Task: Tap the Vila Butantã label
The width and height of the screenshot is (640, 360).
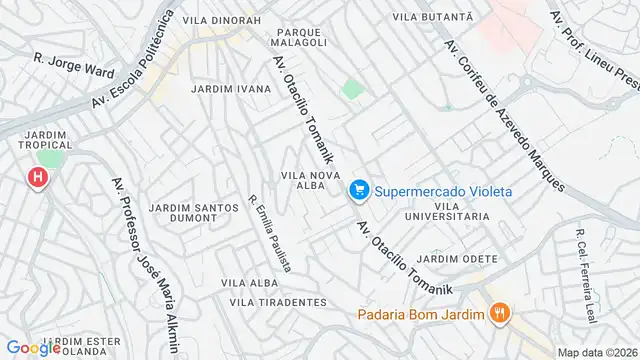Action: pos(432,17)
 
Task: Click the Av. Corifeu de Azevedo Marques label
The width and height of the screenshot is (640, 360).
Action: pos(504,102)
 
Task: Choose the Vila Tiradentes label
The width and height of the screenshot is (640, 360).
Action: pos(278,301)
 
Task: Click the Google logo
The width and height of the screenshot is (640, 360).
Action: pos(32,348)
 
